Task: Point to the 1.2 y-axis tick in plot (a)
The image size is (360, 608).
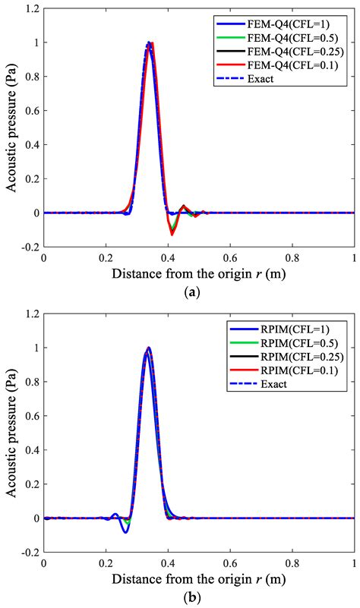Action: click(31, 10)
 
